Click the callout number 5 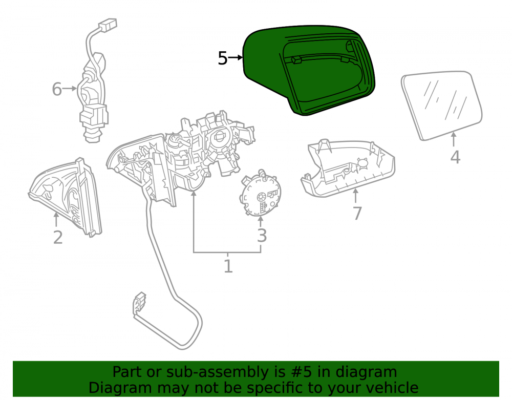coord(222,58)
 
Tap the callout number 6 coord(57,89)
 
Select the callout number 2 coord(58,237)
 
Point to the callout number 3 coord(262,235)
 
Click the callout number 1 coord(228,266)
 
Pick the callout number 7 coord(357,214)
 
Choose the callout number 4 coord(455,157)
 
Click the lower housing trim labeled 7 coord(348,168)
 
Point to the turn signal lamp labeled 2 coord(66,197)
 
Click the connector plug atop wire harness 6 coord(108,25)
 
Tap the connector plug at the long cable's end coord(139,302)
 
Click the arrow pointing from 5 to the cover coord(236,58)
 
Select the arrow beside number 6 coord(70,89)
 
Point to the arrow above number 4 coord(454,139)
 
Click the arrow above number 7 coord(356,196)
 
